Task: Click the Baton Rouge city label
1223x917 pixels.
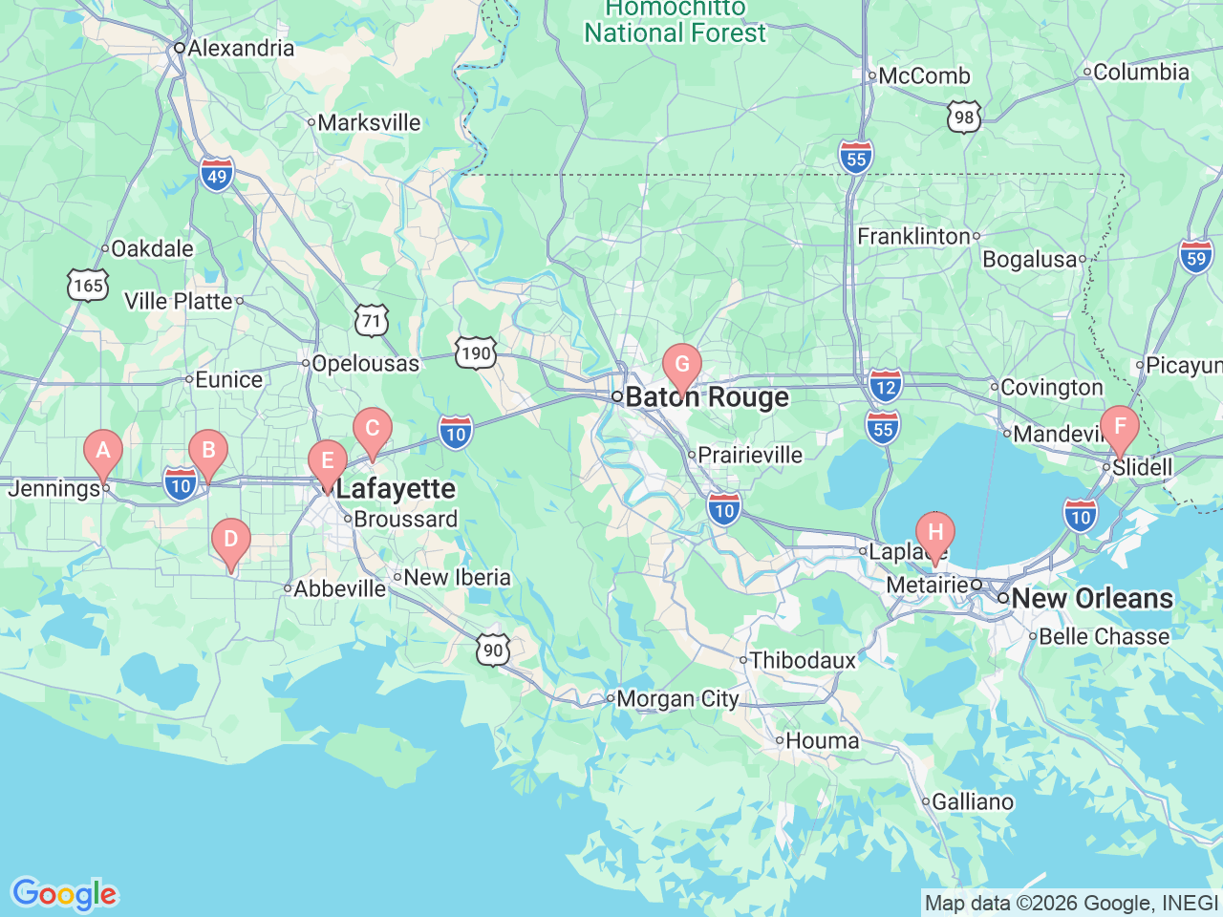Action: (706, 397)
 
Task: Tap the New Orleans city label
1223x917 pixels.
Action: (1091, 599)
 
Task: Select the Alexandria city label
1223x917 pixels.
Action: (240, 48)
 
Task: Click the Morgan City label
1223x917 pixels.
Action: (676, 699)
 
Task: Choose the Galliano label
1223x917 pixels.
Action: (972, 802)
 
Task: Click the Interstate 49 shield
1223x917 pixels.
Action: (217, 176)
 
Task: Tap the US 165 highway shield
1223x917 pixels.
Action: (88, 285)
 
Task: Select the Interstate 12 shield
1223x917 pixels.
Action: (886, 387)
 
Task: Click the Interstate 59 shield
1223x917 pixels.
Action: (1195, 258)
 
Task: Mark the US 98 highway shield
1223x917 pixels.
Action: (964, 117)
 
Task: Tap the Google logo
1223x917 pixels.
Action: (64, 895)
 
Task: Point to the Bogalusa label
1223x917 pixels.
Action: (1029, 260)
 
